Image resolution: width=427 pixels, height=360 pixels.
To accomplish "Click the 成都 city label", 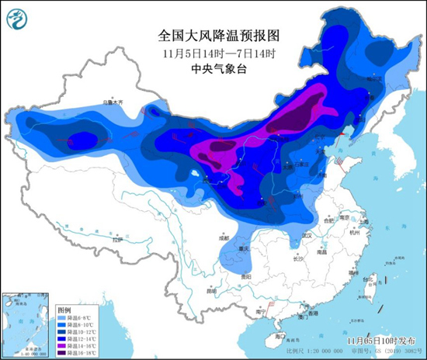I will point(224,238).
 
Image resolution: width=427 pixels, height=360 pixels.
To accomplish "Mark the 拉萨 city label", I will point(117,241).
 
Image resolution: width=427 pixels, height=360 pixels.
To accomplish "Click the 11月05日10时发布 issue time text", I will point(378,340).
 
